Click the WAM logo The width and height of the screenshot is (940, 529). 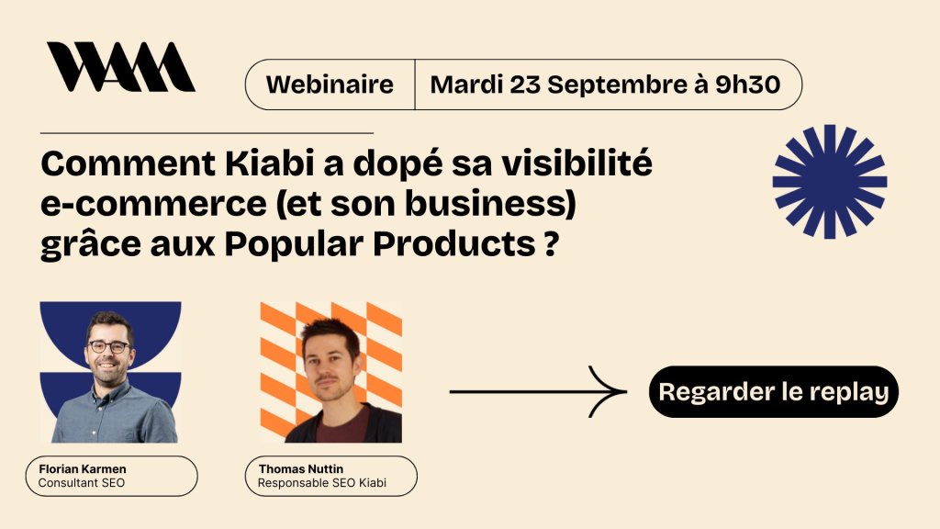pos(121,66)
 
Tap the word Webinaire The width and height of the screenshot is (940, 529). pos(330,84)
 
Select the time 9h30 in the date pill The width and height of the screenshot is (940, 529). pos(747,84)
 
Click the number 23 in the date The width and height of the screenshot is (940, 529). pos(525,84)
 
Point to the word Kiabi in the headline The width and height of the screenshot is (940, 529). pos(270,163)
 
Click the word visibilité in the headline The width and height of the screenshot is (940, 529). pos(576,163)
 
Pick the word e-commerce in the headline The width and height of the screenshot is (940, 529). pos(153,204)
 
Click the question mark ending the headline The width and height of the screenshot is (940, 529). pos(552,244)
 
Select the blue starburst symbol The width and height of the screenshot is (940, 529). pos(830,182)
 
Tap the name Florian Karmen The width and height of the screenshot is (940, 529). pos(82,469)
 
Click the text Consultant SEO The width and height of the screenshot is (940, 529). pos(82,483)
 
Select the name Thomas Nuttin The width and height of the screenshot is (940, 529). pos(301,469)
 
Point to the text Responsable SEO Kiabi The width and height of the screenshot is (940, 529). pos(322,483)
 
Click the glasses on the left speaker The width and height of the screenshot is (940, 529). pos(109,346)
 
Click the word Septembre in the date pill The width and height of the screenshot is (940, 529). pos(617,85)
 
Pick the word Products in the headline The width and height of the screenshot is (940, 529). pos(453,244)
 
